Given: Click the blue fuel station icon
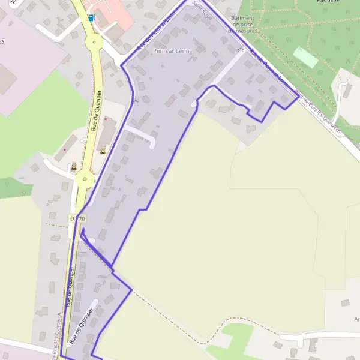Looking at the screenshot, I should tap(91, 17).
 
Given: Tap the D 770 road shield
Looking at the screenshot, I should tap(77, 218).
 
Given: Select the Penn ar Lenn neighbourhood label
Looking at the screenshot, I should tap(171, 51).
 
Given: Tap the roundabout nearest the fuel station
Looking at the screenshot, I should tap(94, 42).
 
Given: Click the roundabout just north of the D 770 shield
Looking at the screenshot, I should tap(85, 179).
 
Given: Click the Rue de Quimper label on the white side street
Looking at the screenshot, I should tap(81, 324).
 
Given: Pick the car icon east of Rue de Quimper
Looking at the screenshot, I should tap(102, 151).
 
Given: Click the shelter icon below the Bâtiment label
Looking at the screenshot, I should tap(241, 50).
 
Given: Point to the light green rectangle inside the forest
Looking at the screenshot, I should tap(306, 58).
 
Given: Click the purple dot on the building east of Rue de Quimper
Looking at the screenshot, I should tap(106, 119).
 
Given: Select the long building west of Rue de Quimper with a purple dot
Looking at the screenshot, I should tap(69, 148).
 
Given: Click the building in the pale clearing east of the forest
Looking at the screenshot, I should tap(347, 91).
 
